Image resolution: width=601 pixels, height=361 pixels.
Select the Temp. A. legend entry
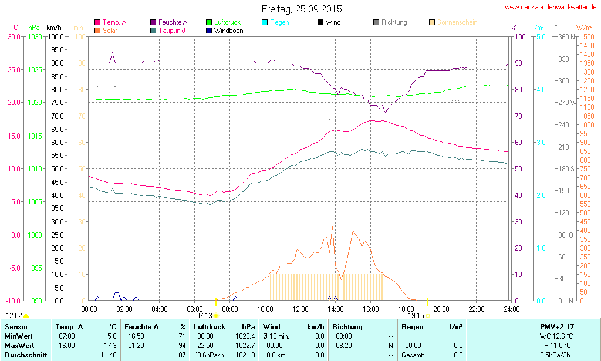(x=115, y=22)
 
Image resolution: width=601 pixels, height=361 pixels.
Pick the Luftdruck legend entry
(x=227, y=22)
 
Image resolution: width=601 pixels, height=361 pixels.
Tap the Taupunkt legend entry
(x=172, y=30)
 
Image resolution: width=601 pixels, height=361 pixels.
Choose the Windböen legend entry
(x=228, y=30)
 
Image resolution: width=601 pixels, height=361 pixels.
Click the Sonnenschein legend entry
(x=457, y=22)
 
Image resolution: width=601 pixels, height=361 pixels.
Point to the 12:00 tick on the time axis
(x=300, y=309)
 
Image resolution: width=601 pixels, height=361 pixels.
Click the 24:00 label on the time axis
(x=511, y=309)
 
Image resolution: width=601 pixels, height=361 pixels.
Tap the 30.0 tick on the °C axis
(x=13, y=36)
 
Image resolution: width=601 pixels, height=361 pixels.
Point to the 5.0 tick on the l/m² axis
(x=540, y=36)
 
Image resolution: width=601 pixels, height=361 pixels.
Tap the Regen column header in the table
(x=413, y=326)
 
